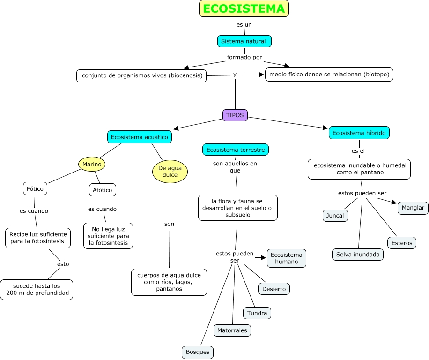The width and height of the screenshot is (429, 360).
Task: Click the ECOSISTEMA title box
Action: (244, 9)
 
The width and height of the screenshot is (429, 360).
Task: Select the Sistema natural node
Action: (244, 41)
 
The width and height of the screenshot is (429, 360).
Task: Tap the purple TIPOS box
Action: (235, 115)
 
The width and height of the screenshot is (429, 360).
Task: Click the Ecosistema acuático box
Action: (140, 137)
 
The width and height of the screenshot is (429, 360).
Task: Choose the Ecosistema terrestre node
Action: (236, 150)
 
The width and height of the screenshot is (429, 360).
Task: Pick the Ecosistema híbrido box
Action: (359, 133)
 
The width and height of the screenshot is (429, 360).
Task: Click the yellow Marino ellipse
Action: (92, 164)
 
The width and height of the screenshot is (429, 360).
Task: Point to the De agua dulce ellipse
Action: (170, 172)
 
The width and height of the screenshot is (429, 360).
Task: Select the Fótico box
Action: (35, 189)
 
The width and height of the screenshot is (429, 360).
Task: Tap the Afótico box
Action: (103, 190)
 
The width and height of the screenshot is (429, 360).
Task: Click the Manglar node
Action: (413, 208)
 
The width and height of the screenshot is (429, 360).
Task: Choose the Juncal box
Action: (335, 216)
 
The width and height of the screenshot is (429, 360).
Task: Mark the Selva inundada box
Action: (358, 255)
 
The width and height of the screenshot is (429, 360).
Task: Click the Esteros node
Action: (402, 243)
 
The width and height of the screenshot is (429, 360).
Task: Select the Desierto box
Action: (274, 289)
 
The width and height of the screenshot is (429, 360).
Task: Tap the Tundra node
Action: (257, 313)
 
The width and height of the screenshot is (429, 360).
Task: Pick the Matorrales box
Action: (232, 330)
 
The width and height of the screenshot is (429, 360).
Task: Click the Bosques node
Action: (198, 352)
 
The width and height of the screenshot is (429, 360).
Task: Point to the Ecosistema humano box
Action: (287, 258)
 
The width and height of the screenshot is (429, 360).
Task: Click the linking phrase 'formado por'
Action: (244, 57)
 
